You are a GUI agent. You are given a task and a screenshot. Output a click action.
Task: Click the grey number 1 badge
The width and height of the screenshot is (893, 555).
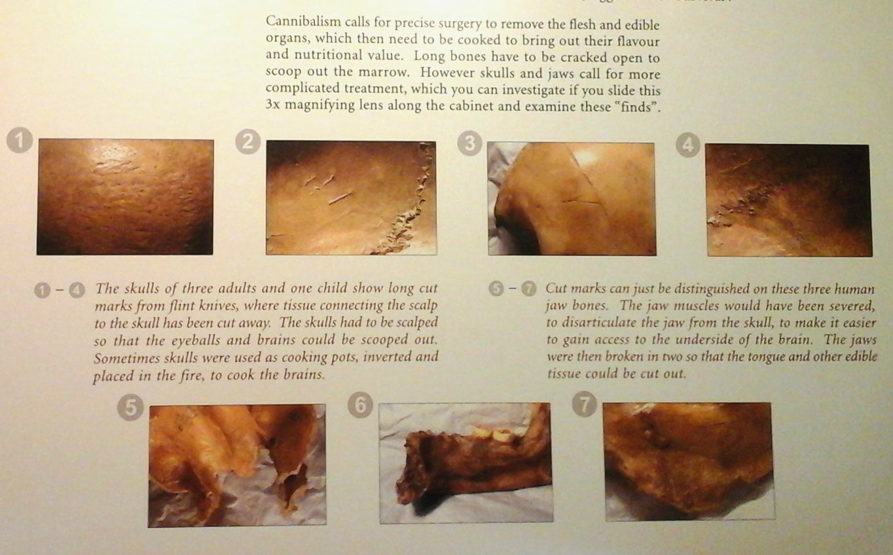[20, 141]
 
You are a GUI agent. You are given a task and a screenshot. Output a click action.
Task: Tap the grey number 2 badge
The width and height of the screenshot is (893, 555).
[247, 142]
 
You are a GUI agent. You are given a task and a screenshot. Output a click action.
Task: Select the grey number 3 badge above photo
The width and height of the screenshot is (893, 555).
[469, 143]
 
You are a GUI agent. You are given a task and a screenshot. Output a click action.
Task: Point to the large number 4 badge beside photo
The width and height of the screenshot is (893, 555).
[688, 145]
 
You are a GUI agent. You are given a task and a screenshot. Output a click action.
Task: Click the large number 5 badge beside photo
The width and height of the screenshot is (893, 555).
[130, 408]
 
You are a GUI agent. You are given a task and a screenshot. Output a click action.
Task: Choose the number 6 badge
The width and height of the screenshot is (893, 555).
[360, 406]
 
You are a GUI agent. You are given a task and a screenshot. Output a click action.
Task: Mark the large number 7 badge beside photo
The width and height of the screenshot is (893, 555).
[585, 404]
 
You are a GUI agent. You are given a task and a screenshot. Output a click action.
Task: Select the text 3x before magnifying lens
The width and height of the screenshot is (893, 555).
[273, 105]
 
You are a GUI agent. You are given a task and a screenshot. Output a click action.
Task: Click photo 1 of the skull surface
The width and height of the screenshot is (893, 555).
[125, 197]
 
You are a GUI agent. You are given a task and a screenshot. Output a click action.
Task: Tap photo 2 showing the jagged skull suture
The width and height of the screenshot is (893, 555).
[351, 198]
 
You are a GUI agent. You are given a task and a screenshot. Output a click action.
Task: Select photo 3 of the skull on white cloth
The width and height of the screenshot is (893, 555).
[572, 199]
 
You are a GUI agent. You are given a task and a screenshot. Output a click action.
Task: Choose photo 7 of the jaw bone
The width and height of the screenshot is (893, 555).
[689, 462]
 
